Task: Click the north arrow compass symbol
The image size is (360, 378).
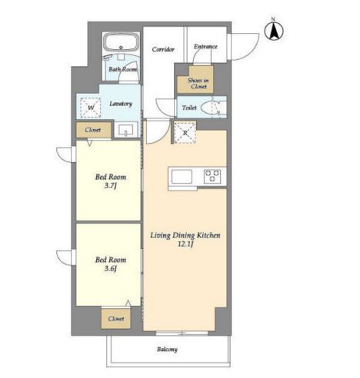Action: click(x=274, y=31)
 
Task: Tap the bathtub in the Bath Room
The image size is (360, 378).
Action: click(x=122, y=42)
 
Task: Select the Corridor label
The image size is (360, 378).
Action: click(x=163, y=49)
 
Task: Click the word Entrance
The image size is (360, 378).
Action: click(x=205, y=47)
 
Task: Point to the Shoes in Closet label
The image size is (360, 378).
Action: click(x=198, y=84)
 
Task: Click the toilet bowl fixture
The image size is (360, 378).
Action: click(x=210, y=108)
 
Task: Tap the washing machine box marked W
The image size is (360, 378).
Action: click(x=91, y=108)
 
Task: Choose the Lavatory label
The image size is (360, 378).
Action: click(x=121, y=104)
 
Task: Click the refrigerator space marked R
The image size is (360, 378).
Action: click(x=185, y=133)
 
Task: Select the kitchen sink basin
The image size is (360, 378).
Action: click(x=182, y=177)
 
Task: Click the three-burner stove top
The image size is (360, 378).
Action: click(x=212, y=177)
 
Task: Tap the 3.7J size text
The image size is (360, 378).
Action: click(x=111, y=186)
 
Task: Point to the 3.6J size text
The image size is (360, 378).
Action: click(x=111, y=269)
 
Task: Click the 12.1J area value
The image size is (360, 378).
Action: click(x=185, y=244)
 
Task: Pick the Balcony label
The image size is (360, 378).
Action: click(x=167, y=350)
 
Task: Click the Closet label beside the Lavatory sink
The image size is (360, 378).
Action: click(x=93, y=130)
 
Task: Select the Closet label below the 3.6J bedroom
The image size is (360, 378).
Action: click(x=116, y=319)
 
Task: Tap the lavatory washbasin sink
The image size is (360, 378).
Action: click(x=125, y=130)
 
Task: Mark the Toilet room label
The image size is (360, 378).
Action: click(x=189, y=108)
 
